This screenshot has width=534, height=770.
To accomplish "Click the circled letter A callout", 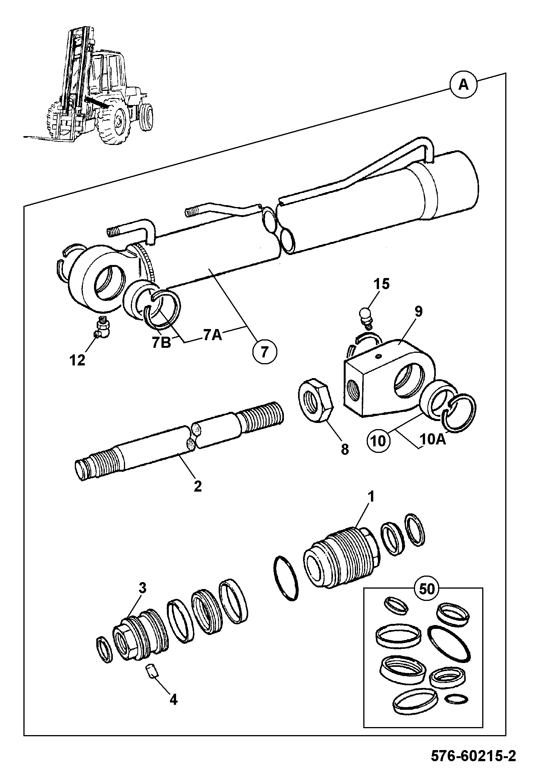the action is pyautogui.click(x=463, y=85).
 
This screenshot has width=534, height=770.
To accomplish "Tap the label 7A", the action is pyautogui.click(x=213, y=334).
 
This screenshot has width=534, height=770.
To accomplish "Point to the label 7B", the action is pyautogui.click(x=162, y=342).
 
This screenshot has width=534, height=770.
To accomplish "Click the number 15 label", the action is pyautogui.click(x=381, y=284).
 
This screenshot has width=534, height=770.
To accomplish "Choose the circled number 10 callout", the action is pyautogui.click(x=379, y=441).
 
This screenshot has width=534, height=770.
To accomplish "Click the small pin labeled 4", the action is pyautogui.click(x=151, y=671).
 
